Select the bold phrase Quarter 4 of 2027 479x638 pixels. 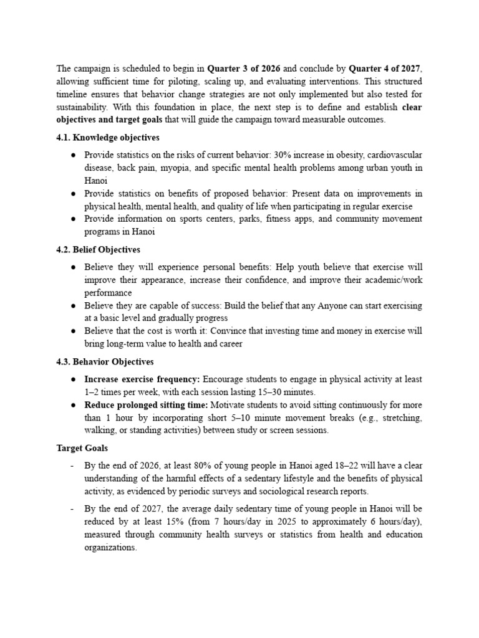(385, 69)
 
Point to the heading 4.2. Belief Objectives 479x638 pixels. (98, 250)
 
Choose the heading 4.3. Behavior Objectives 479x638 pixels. (105, 361)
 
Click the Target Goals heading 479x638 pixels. (82, 448)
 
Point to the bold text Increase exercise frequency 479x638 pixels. (142, 379)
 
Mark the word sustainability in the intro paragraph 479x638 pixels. (84, 107)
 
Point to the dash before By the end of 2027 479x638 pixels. (73, 509)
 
